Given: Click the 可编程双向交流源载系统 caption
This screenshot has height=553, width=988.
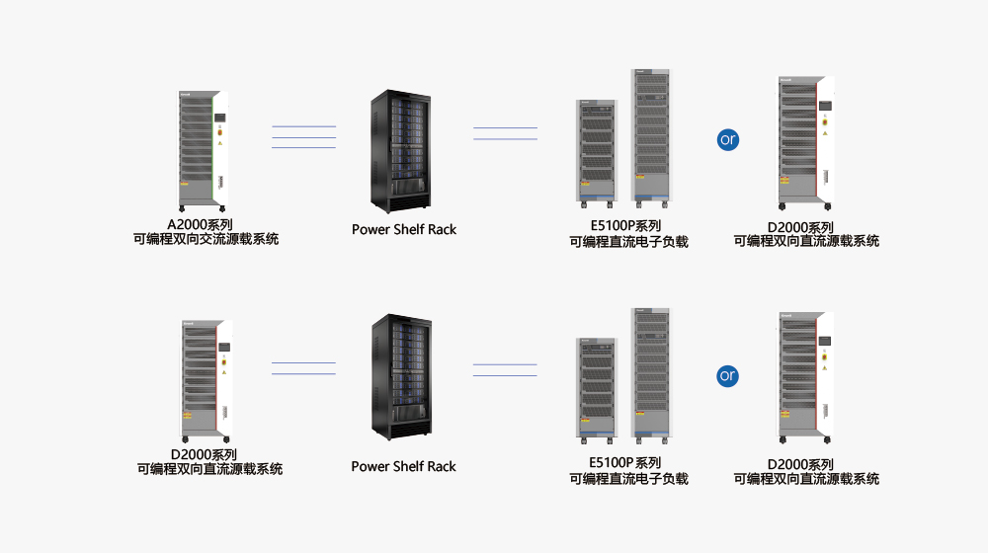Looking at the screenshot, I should point(206,239).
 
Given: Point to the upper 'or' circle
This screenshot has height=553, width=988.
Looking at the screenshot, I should point(728,139).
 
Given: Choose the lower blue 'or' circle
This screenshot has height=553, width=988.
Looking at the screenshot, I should point(728,375).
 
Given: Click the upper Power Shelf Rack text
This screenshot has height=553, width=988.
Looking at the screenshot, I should point(404,229).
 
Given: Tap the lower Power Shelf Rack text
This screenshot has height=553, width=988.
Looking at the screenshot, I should point(404,466).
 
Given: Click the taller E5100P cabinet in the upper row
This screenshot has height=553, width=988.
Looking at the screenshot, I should point(651,136).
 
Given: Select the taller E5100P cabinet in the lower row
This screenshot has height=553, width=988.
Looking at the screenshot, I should point(651,372).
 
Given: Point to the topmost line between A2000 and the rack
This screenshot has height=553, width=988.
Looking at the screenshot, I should point(303,126).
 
